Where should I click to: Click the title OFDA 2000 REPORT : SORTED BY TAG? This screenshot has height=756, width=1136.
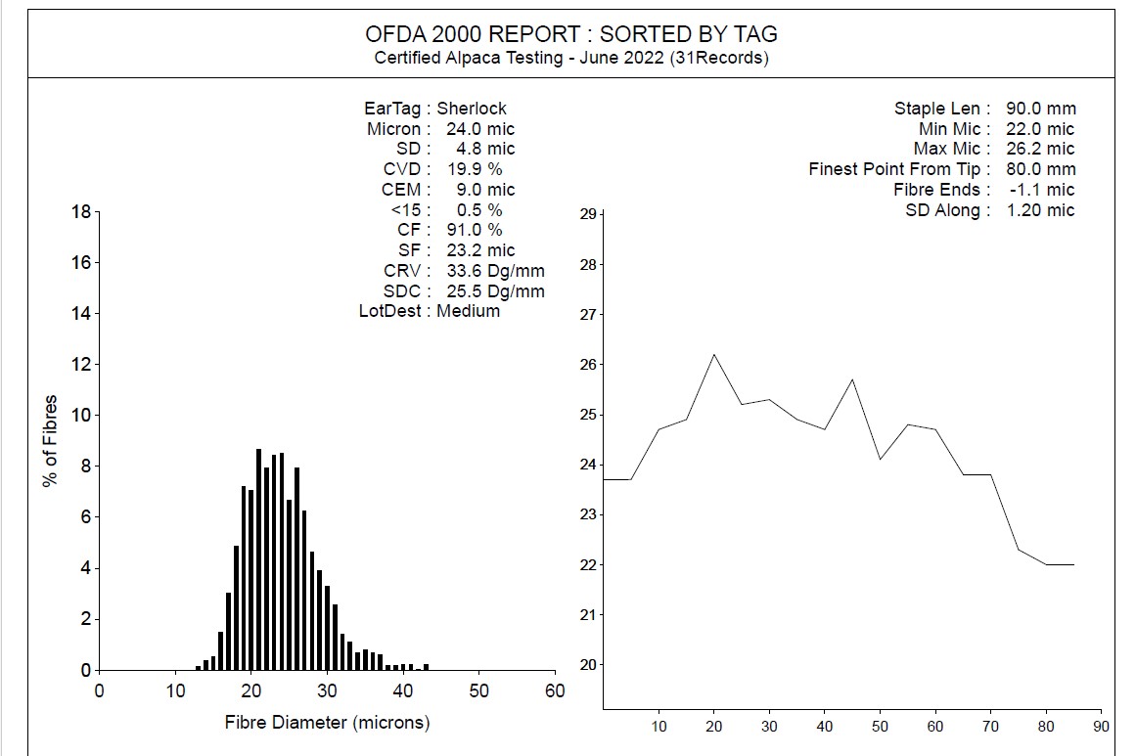click(571, 33)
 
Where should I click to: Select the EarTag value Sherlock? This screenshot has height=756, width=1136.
click(472, 109)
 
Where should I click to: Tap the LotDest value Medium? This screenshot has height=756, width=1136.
click(468, 311)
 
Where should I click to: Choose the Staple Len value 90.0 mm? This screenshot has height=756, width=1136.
click(1040, 109)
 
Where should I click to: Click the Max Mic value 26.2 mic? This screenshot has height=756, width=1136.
click(1040, 149)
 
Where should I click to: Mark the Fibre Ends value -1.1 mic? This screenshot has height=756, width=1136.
click(1041, 190)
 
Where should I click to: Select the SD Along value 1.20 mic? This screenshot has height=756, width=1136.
click(1040, 210)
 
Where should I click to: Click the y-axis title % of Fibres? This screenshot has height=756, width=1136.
click(51, 440)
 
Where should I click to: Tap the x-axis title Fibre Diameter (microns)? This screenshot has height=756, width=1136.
click(327, 723)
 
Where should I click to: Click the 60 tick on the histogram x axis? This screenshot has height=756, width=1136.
click(555, 689)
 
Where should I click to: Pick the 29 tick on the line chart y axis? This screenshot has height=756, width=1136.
click(589, 214)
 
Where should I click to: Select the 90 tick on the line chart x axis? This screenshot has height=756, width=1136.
click(1101, 727)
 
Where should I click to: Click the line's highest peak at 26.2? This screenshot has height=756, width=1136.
click(713, 354)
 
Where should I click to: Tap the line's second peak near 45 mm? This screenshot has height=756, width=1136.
click(852, 379)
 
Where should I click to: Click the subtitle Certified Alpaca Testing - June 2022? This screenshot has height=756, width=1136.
click(571, 58)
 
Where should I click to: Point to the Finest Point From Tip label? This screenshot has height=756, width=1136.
click(894, 169)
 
